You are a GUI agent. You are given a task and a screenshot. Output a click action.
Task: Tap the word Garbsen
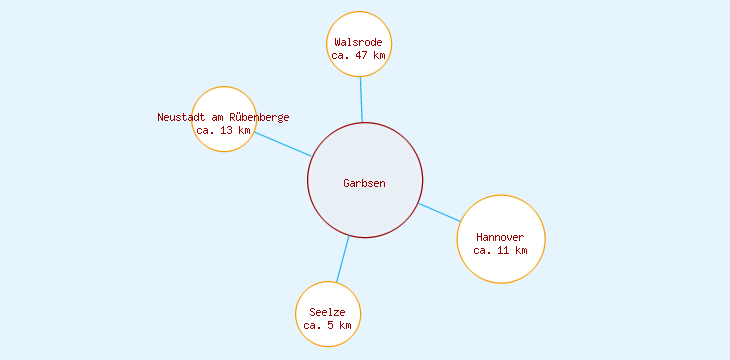point(364,183)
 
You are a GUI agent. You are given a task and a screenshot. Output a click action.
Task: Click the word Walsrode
point(359,42)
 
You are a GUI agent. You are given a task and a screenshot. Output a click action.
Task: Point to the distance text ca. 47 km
point(359,56)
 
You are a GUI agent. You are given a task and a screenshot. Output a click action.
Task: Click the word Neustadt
point(181,117)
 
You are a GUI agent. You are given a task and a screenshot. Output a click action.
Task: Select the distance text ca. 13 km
point(223,130)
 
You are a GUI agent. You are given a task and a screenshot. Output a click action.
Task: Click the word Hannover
point(500,237)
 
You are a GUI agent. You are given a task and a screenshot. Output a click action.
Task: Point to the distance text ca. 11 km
point(500,250)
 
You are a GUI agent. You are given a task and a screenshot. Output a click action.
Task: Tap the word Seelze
point(328,312)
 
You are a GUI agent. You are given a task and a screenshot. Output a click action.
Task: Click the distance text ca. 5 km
point(328,325)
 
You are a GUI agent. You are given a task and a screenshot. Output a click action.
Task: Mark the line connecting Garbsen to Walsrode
point(361,99)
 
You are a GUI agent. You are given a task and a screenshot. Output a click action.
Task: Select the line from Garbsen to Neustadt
point(282,144)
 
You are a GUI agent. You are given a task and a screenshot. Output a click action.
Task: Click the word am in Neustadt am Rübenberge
point(219,117)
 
